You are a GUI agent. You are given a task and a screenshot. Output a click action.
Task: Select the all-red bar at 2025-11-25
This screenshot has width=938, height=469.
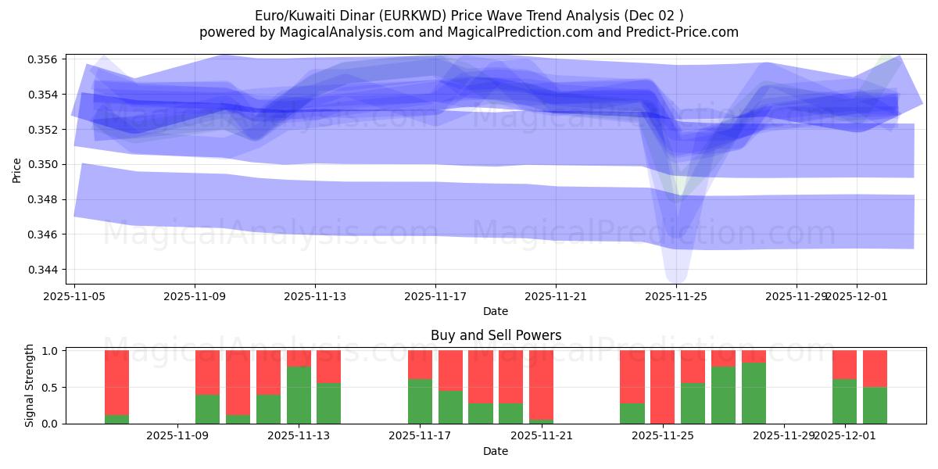click(662, 387)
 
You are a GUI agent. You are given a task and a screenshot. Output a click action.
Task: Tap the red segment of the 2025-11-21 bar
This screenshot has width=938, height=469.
click(541, 385)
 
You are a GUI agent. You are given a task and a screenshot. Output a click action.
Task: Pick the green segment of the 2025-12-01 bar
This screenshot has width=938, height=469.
click(844, 401)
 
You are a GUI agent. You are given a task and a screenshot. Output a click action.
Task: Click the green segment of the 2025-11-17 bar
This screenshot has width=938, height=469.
click(420, 401)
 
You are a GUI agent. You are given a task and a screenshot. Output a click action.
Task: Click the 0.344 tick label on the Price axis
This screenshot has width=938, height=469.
click(46, 270)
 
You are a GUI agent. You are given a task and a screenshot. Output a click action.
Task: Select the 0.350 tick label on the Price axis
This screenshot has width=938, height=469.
click(46, 165)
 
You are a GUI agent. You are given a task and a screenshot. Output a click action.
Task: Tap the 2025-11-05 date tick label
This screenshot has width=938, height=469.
click(74, 296)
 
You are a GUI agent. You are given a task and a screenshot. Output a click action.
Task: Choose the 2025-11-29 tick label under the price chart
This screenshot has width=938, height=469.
click(796, 296)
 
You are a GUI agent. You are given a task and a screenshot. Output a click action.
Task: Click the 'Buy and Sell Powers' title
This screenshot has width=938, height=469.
click(496, 335)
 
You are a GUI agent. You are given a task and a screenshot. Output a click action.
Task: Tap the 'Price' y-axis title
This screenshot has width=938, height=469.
click(17, 169)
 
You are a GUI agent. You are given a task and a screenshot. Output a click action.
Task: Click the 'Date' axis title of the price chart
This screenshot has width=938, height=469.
click(496, 311)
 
